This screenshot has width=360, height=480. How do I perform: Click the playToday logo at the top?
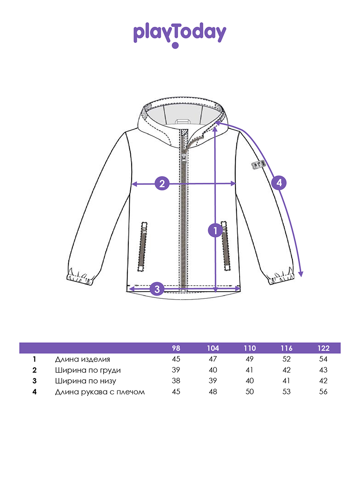tap(180, 34)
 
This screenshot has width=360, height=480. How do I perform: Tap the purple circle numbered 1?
tap(215, 230)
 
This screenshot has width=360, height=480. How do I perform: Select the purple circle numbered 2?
tap(162, 184)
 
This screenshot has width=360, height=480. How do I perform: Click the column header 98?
tap(176, 348)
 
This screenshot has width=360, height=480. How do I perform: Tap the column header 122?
tap(323, 348)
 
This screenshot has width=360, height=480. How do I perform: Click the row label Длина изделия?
tap(82, 359)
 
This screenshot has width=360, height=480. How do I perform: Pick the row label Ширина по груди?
tap(88, 370)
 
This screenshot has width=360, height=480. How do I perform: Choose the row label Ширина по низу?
tap(86, 381)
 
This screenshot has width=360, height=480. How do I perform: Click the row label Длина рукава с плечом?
tap(100, 392)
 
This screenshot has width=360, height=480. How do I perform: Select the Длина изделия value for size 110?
tap(250, 359)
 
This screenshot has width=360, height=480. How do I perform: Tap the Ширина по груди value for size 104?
tap(213, 370)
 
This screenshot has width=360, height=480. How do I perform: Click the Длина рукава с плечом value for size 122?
tap(323, 392)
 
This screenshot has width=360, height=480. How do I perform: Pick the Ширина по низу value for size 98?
tap(176, 381)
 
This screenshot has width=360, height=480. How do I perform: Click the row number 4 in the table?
tap(35, 392)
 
